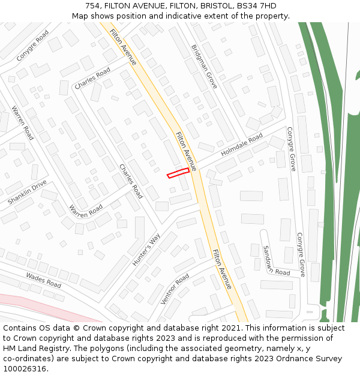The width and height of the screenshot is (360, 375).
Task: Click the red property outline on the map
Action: [x=178, y=173]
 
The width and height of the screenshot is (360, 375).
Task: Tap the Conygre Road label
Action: [x=32, y=46]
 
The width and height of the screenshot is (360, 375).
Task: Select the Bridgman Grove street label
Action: [x=204, y=67]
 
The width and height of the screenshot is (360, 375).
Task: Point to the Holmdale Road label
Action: [x=242, y=146]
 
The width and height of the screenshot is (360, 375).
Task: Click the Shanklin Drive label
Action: [x=27, y=193]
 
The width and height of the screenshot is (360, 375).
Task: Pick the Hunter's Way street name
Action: [x=146, y=250]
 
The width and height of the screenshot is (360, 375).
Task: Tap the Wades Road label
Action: [x=43, y=280]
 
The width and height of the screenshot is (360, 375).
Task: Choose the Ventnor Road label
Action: [x=175, y=289]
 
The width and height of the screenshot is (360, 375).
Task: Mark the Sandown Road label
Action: [x=276, y=260]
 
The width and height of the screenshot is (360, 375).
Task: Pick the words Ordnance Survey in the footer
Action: [x=312, y=359]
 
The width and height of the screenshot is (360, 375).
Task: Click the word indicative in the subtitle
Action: [x=187, y=16]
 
